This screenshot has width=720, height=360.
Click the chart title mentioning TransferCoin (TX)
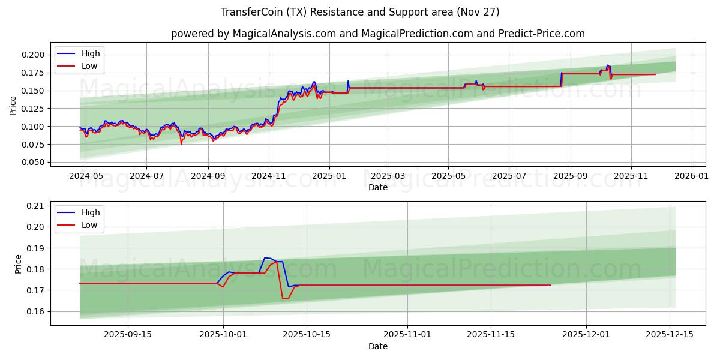360,12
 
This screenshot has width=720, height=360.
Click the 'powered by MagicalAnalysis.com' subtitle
378,34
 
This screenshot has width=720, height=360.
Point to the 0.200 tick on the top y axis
32,55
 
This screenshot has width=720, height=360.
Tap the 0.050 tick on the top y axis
32,162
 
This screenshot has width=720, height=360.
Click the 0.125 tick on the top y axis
32,109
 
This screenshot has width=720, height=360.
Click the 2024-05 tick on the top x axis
86,175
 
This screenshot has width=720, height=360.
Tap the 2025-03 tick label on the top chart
387,175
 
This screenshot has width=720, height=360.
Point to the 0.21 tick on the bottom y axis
35,206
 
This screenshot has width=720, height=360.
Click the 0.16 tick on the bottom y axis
35,311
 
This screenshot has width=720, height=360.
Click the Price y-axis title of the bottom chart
18,264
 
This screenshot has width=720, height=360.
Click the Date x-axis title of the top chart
378,187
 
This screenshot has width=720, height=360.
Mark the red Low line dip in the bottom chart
285,298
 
